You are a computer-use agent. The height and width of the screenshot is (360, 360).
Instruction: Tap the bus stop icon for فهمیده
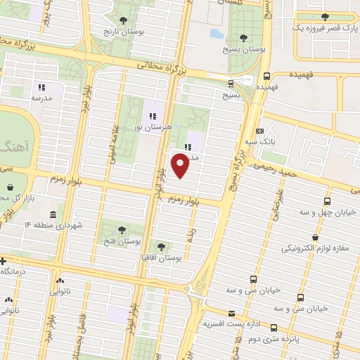(266, 77)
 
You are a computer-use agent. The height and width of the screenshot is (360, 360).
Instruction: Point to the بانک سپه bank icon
(260, 131)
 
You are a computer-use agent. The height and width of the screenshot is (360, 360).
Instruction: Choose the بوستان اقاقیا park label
(162, 258)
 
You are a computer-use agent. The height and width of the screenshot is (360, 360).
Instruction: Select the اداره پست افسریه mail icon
(232, 314)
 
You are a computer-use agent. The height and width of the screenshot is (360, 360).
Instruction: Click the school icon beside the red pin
(188, 147)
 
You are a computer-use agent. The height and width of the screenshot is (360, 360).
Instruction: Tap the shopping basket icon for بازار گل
(12, 188)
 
